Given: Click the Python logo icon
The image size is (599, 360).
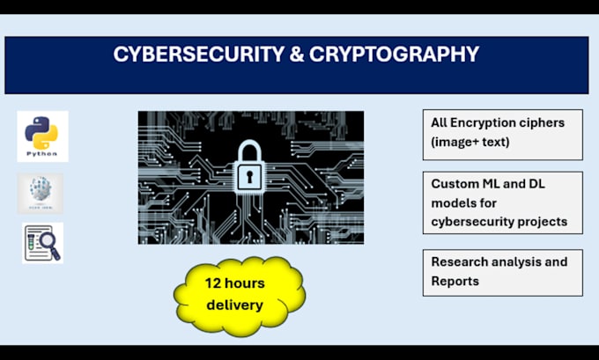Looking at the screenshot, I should pos(42,136).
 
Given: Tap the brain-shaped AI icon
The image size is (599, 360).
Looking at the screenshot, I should pos(41,193).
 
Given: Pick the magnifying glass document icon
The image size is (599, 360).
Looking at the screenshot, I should pos(42,243).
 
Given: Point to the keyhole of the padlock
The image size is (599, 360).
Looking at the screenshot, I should pos(250,179).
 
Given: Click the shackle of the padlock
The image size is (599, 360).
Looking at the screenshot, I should pos(250,151).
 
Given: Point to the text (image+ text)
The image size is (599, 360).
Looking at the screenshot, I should pos(470,141).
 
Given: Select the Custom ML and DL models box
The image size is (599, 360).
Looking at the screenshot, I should pos(502,202).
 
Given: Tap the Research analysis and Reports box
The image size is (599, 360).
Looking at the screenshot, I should pos(502,272).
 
